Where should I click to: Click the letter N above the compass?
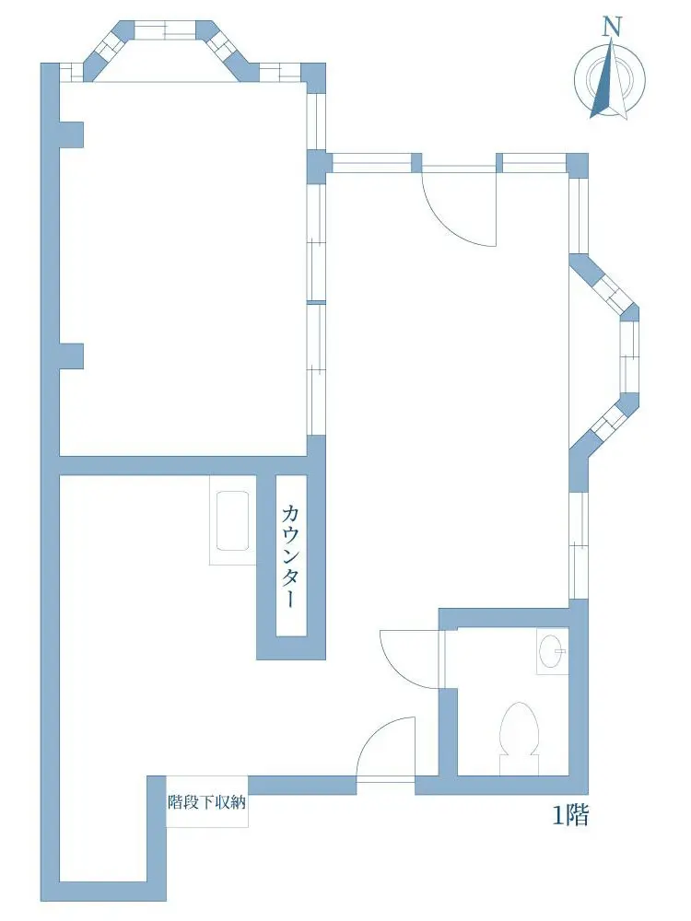612,26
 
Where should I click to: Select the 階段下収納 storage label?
206,802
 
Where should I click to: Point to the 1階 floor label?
570,815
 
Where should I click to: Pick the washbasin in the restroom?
552,651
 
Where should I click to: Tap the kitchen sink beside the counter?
232,520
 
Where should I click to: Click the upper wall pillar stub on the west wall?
71,134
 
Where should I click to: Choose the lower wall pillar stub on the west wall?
71,356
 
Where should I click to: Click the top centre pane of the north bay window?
165,29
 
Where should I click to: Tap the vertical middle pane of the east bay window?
630,356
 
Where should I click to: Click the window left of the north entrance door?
372,163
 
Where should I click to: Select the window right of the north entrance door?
534,163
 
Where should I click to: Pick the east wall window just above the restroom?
579,545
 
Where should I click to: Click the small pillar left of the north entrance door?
416,163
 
